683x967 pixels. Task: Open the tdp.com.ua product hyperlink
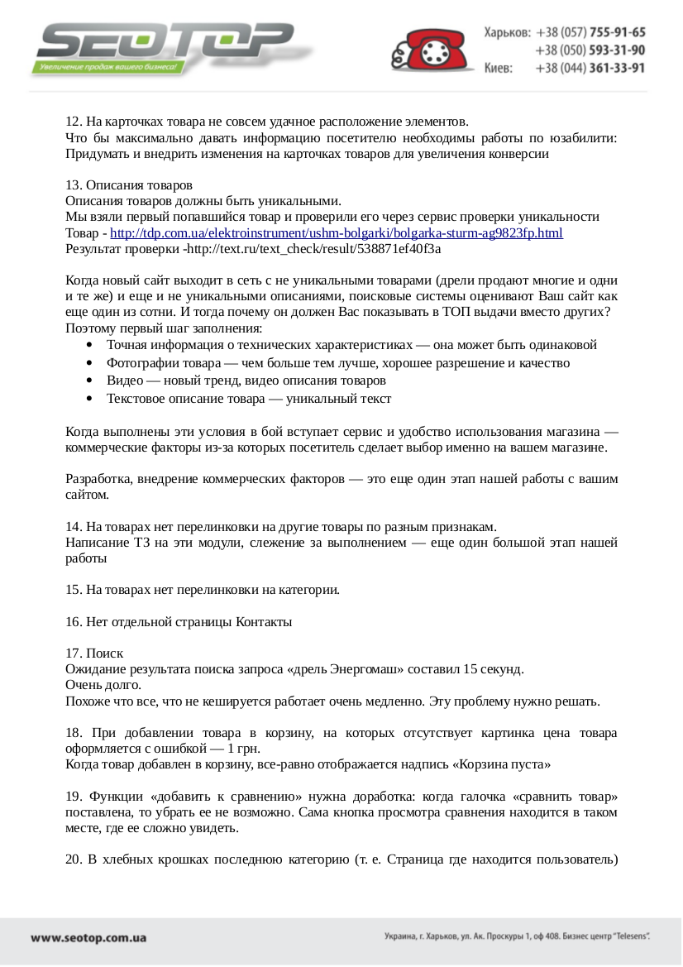pyautogui.click(x=337, y=233)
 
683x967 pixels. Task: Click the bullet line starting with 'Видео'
pyautogui.click(x=246, y=381)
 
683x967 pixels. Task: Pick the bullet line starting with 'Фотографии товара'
pyautogui.click(x=337, y=363)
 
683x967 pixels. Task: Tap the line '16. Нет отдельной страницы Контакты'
pyautogui.click(x=179, y=621)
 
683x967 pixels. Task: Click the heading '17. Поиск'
pyautogui.click(x=94, y=653)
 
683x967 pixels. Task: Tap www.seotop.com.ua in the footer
pyautogui.click(x=88, y=938)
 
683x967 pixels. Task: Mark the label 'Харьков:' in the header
pyautogui.click(x=507, y=33)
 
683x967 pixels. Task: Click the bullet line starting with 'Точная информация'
pyautogui.click(x=351, y=345)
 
